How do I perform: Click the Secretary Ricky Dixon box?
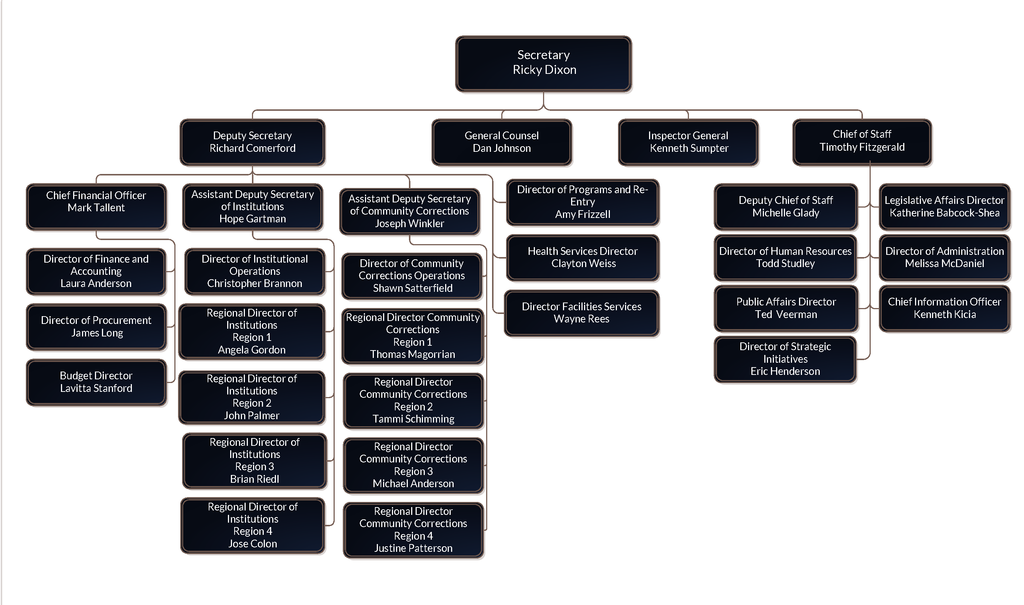point(543,64)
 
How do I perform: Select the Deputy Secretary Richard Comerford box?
point(252,142)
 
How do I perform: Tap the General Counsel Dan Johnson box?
point(501,142)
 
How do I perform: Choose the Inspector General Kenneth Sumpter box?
point(688,142)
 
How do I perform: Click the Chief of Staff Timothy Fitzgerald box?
point(862,142)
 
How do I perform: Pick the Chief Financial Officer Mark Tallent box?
point(96,207)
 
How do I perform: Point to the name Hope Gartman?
point(252,219)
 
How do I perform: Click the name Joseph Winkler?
point(409,223)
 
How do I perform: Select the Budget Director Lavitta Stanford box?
point(96,382)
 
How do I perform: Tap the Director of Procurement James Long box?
point(96,327)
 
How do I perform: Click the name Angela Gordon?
point(252,350)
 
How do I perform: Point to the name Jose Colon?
point(252,544)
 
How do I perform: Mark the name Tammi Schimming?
point(413,419)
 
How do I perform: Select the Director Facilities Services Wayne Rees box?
point(581,313)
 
